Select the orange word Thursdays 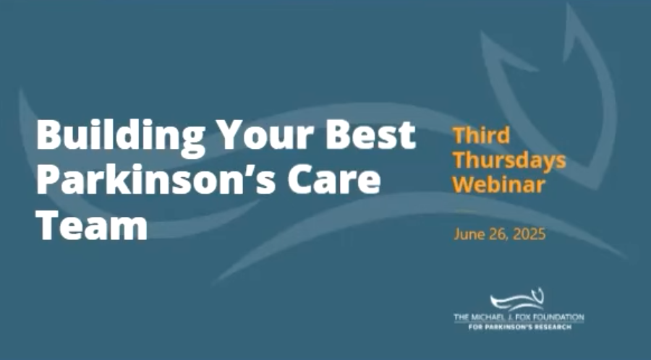[509, 159]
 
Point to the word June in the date [468, 235]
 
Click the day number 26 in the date [498, 235]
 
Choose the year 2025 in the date [529, 235]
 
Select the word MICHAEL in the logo [488, 317]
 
